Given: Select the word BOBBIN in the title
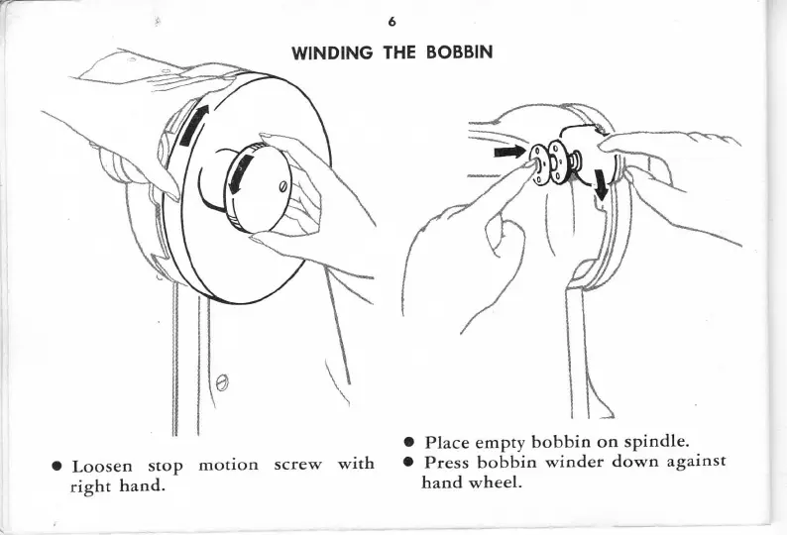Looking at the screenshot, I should tap(461, 51).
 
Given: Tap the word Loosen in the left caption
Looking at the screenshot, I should tap(103, 467).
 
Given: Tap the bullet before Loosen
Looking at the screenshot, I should tap(59, 468).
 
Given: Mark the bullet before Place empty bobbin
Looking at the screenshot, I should tap(408, 443).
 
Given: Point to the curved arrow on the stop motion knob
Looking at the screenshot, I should tap(239, 177).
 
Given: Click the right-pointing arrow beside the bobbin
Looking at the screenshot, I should tap(509, 152).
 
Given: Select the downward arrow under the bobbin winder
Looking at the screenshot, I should tap(601, 184).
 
